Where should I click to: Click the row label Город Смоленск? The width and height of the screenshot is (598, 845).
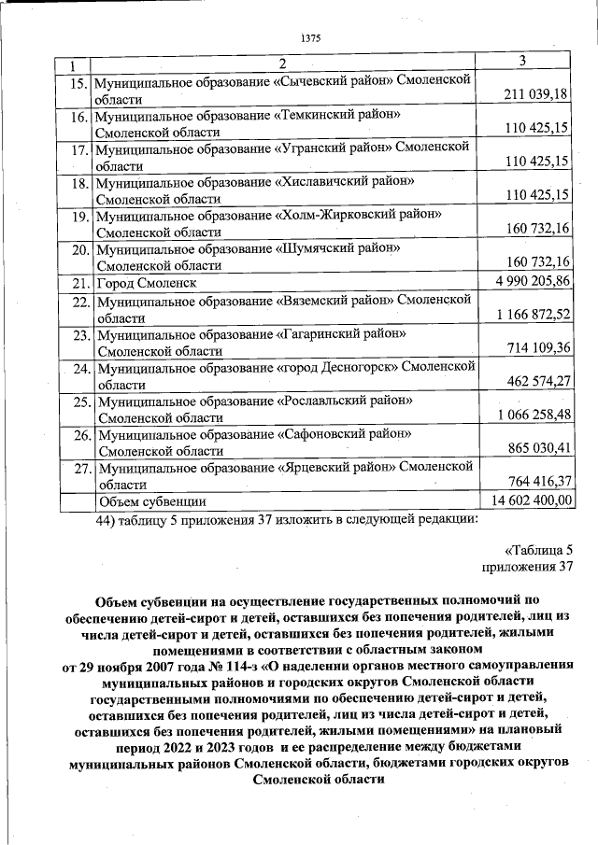click(x=146, y=283)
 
